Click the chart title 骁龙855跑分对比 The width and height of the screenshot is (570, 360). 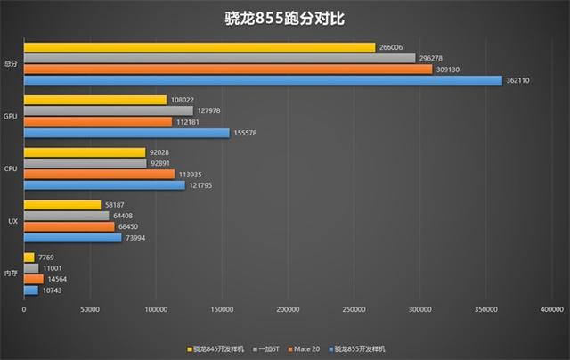[x=284, y=18]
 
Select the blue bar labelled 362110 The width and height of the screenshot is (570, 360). [x=263, y=80]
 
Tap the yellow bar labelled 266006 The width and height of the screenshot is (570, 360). [x=199, y=47]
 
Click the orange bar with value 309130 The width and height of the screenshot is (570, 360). [x=228, y=69]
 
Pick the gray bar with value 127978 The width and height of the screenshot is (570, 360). [x=109, y=110]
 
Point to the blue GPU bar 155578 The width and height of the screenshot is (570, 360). [x=126, y=133]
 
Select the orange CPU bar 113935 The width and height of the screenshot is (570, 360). [x=99, y=174]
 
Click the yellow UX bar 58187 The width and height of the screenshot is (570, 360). [x=62, y=205]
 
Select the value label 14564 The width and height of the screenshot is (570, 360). [x=58, y=279]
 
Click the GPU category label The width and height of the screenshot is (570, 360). [x=11, y=116]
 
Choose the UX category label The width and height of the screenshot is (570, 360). [x=12, y=220]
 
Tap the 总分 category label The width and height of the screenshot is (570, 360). [x=10, y=63]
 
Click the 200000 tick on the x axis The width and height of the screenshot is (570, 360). [x=288, y=311]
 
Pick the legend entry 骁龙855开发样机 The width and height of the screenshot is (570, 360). [x=366, y=348]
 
